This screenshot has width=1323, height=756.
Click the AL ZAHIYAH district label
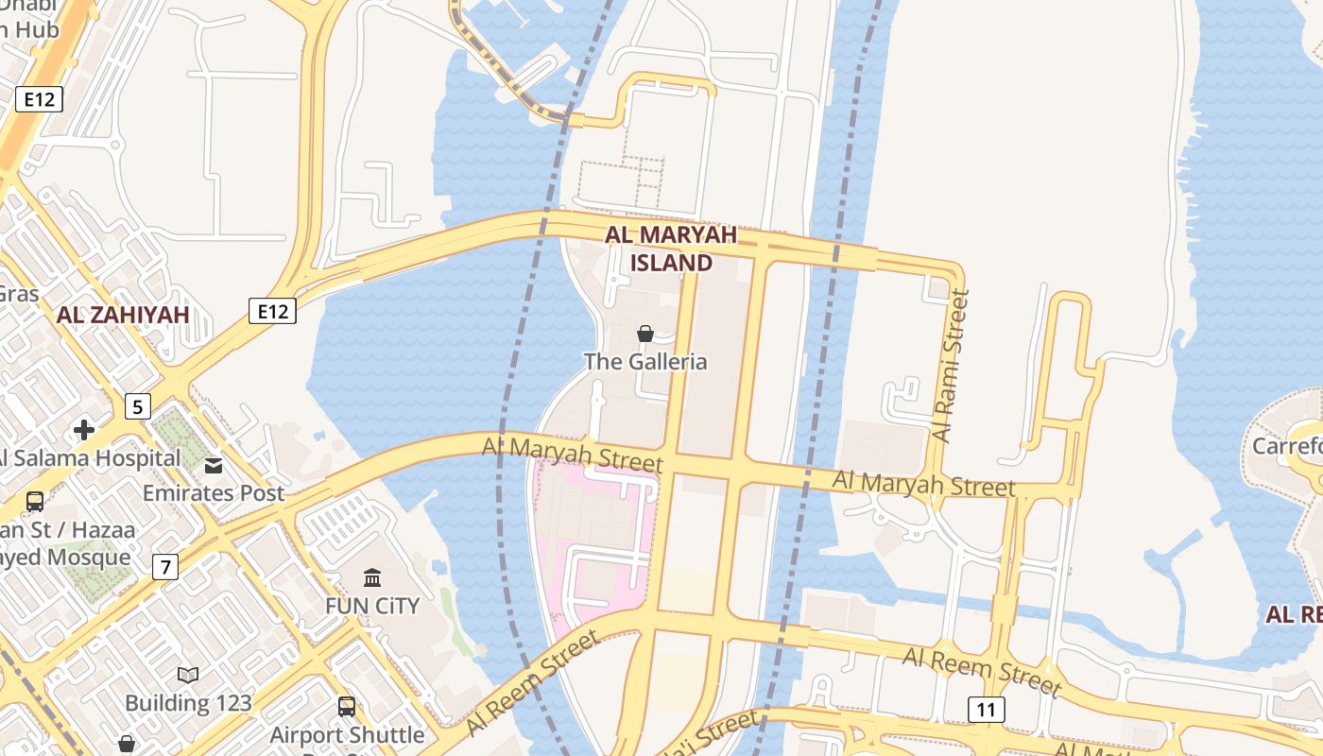(123, 315)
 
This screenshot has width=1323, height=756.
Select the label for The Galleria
(645, 361)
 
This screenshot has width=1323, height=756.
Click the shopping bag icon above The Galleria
(645, 333)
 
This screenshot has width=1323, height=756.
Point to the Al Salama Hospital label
(89, 458)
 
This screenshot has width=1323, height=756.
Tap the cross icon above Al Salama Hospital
(84, 430)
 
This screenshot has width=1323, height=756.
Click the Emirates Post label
(214, 492)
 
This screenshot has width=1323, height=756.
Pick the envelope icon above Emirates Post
(214, 465)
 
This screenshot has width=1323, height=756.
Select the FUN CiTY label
(372, 606)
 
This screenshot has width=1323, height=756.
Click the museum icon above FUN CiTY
(372, 577)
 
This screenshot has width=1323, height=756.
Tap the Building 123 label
(188, 703)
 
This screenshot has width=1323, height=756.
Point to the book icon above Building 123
(188, 675)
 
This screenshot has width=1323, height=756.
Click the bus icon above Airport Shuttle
(347, 706)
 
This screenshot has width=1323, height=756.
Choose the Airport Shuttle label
(348, 734)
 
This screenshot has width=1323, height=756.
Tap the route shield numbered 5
(138, 407)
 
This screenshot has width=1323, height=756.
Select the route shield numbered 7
(165, 567)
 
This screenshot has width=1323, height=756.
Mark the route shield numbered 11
(986, 709)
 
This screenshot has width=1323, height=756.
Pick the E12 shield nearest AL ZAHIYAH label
(273, 310)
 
